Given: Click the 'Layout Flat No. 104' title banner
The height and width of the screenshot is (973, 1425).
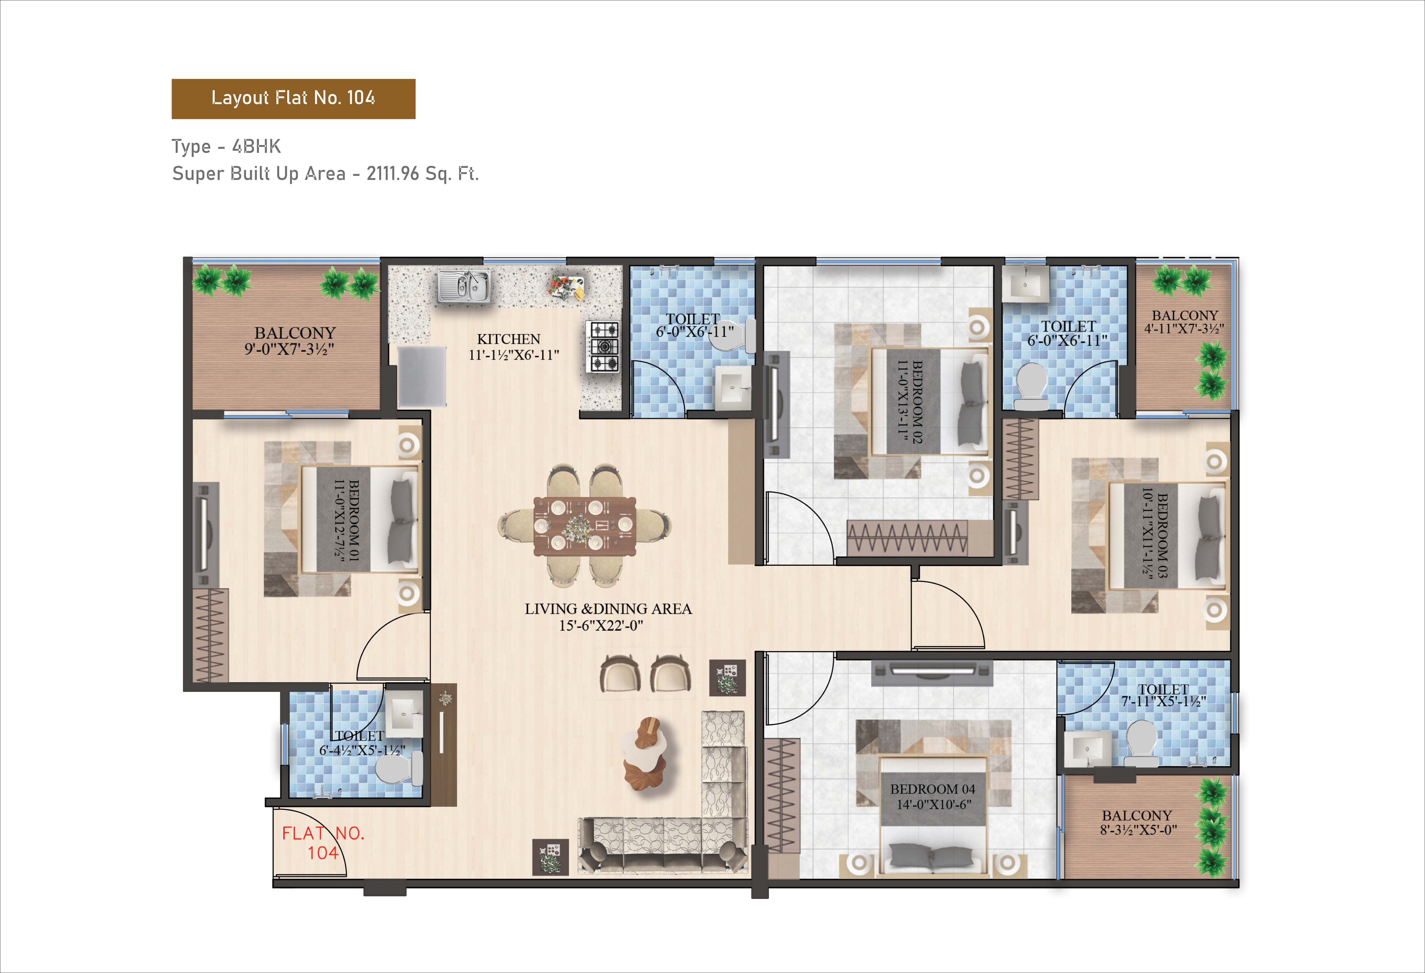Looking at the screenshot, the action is pos(293,99).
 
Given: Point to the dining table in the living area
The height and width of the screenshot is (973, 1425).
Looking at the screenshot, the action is pos(584,525).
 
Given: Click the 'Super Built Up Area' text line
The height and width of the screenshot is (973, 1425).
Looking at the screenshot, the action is pos(325,174).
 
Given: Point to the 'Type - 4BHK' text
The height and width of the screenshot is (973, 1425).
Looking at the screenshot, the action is pos(226,147).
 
